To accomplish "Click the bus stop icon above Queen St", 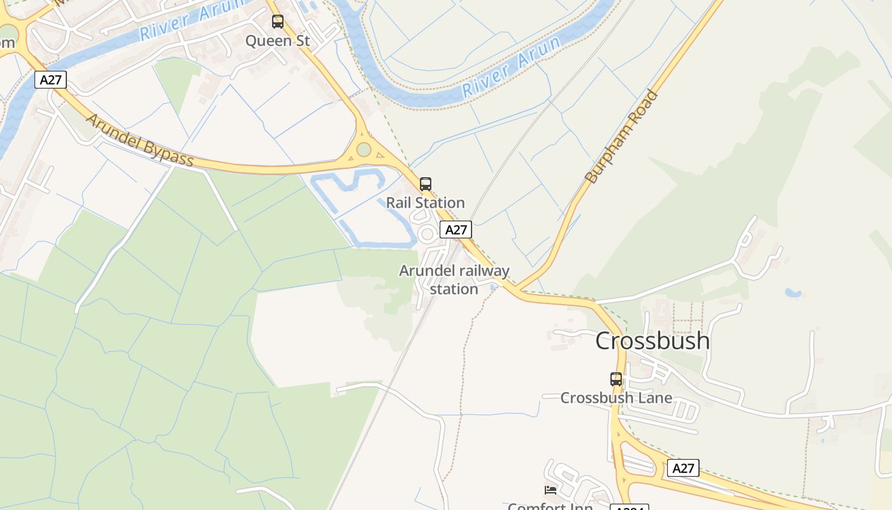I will [278, 22].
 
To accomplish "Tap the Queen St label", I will [278, 41].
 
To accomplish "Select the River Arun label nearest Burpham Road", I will [512, 66].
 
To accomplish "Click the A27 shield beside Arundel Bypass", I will [50, 80].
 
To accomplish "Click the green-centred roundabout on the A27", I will [364, 150].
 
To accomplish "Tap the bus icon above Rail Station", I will [426, 184].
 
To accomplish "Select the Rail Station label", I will [426, 203].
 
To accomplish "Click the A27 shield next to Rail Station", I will [456, 229].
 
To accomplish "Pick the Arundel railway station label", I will [454, 280].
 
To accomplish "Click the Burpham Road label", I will [621, 138].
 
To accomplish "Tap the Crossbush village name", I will [652, 340].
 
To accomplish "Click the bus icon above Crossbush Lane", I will [615, 379].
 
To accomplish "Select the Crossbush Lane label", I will [616, 398].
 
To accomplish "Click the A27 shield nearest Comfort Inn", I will [683, 469].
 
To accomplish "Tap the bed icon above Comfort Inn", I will [550, 490].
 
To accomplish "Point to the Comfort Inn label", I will [550, 506].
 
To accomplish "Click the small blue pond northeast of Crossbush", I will [793, 293].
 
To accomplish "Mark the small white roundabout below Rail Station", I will [428, 235].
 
